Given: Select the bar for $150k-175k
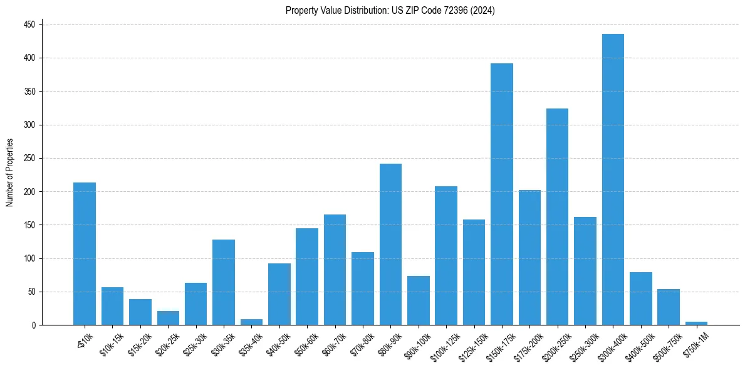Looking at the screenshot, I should tap(501, 194).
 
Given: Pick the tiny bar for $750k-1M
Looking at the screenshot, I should tap(696, 323).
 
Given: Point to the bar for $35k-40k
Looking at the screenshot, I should tap(251, 322).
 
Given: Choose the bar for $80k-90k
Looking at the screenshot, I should tap(390, 245).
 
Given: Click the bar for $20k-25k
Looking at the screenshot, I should tap(168, 318).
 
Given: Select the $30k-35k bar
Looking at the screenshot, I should tap(224, 282).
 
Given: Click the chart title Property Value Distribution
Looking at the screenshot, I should tap(390, 11).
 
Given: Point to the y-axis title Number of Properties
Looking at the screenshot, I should tap(10, 172).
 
